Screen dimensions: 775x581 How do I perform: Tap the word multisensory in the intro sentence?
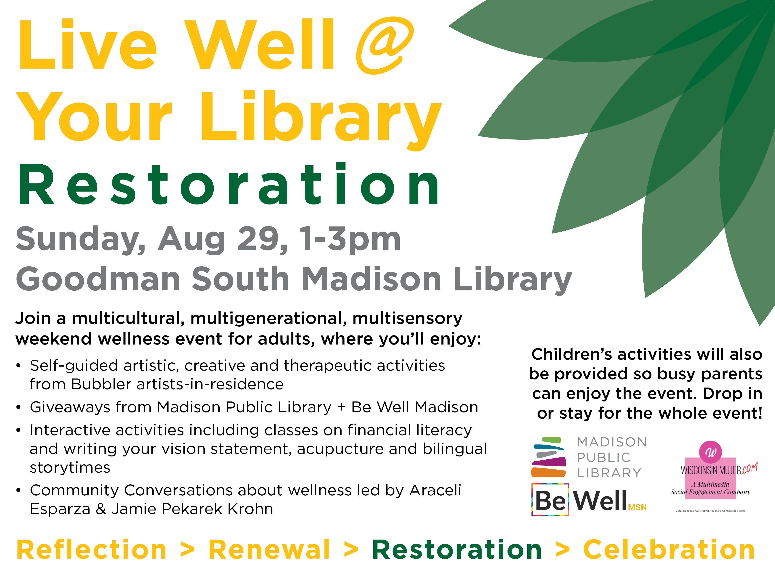[x=407, y=319]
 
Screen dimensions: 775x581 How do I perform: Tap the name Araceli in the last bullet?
[x=435, y=490]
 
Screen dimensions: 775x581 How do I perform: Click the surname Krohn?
[x=250, y=509]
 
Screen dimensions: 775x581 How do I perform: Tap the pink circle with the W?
[x=711, y=452]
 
